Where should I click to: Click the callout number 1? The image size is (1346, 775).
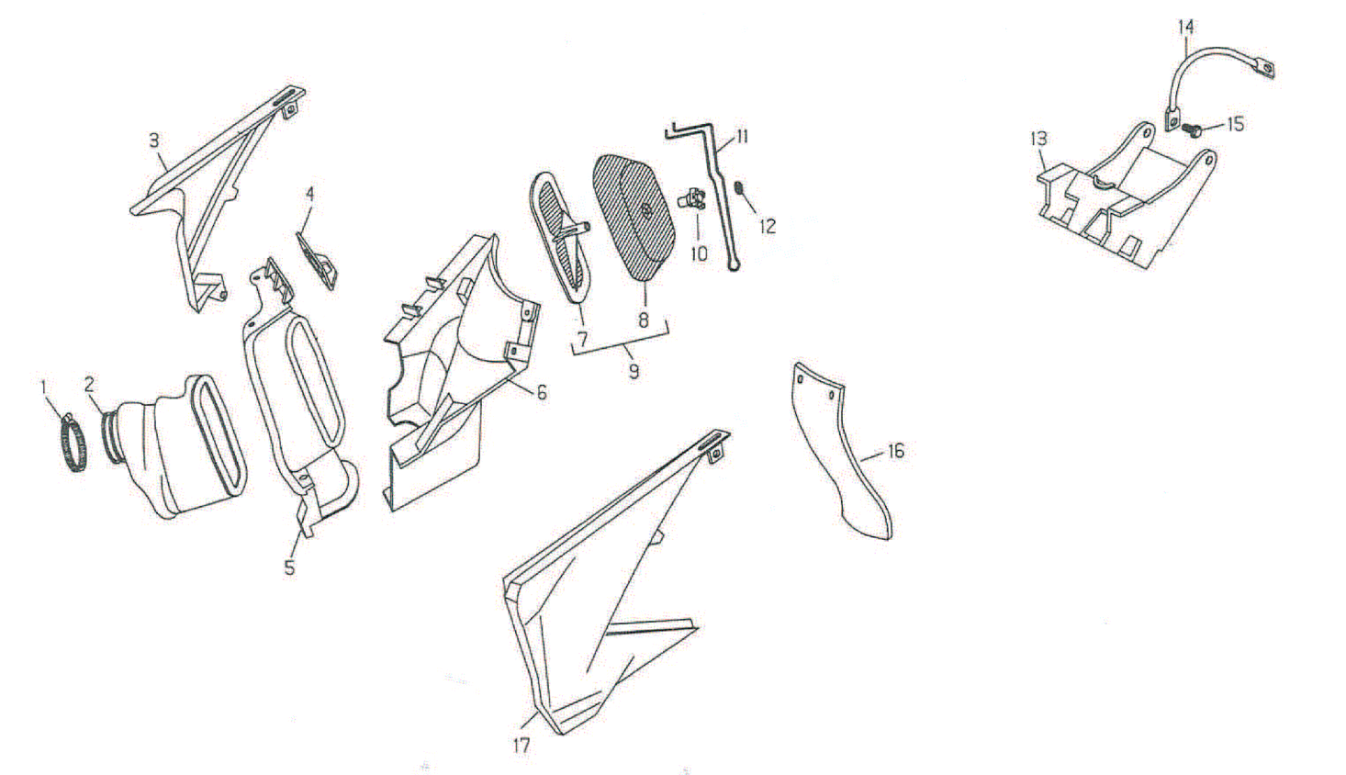point(43,387)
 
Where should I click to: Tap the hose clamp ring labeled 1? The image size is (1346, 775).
point(73,442)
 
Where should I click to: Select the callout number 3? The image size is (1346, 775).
point(154,141)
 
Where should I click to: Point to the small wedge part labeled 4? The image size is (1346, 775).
point(316,260)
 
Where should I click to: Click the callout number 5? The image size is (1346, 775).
point(289,567)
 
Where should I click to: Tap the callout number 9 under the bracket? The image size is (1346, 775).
point(634,372)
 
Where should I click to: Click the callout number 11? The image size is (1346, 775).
point(742,137)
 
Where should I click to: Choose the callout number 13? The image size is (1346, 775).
point(1038,139)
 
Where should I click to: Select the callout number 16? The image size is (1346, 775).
point(895,451)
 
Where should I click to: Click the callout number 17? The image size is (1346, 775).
point(522,746)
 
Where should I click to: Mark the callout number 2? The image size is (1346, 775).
point(89,385)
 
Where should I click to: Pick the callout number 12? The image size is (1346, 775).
point(768,226)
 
